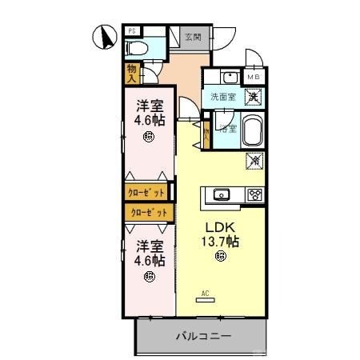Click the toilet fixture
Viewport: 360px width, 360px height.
[137, 49]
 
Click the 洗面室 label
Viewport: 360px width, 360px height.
[222, 97]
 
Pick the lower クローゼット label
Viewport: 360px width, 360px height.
[150, 212]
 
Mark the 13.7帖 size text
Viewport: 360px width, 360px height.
[221, 239]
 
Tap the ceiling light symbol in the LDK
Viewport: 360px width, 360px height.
[220, 257]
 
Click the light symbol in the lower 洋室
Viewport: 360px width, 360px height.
[150, 277]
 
